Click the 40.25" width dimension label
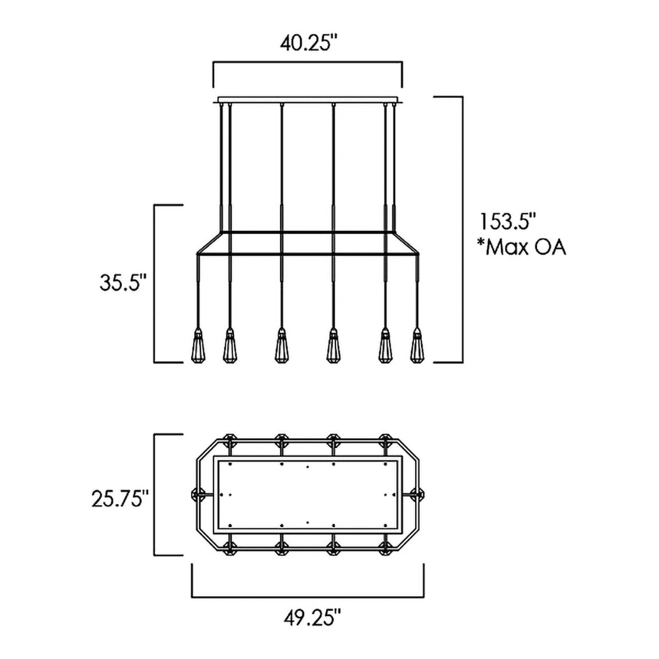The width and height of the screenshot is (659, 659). tap(309, 43)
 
